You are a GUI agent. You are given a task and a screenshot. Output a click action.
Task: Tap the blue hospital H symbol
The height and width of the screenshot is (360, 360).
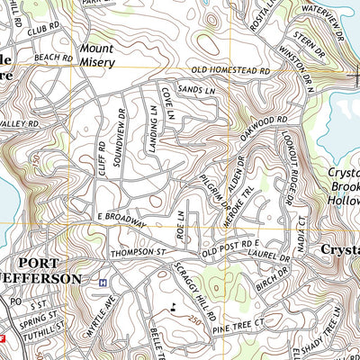point(102,282)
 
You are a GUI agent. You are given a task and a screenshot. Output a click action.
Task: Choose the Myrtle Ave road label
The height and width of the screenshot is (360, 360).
point(112,312)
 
